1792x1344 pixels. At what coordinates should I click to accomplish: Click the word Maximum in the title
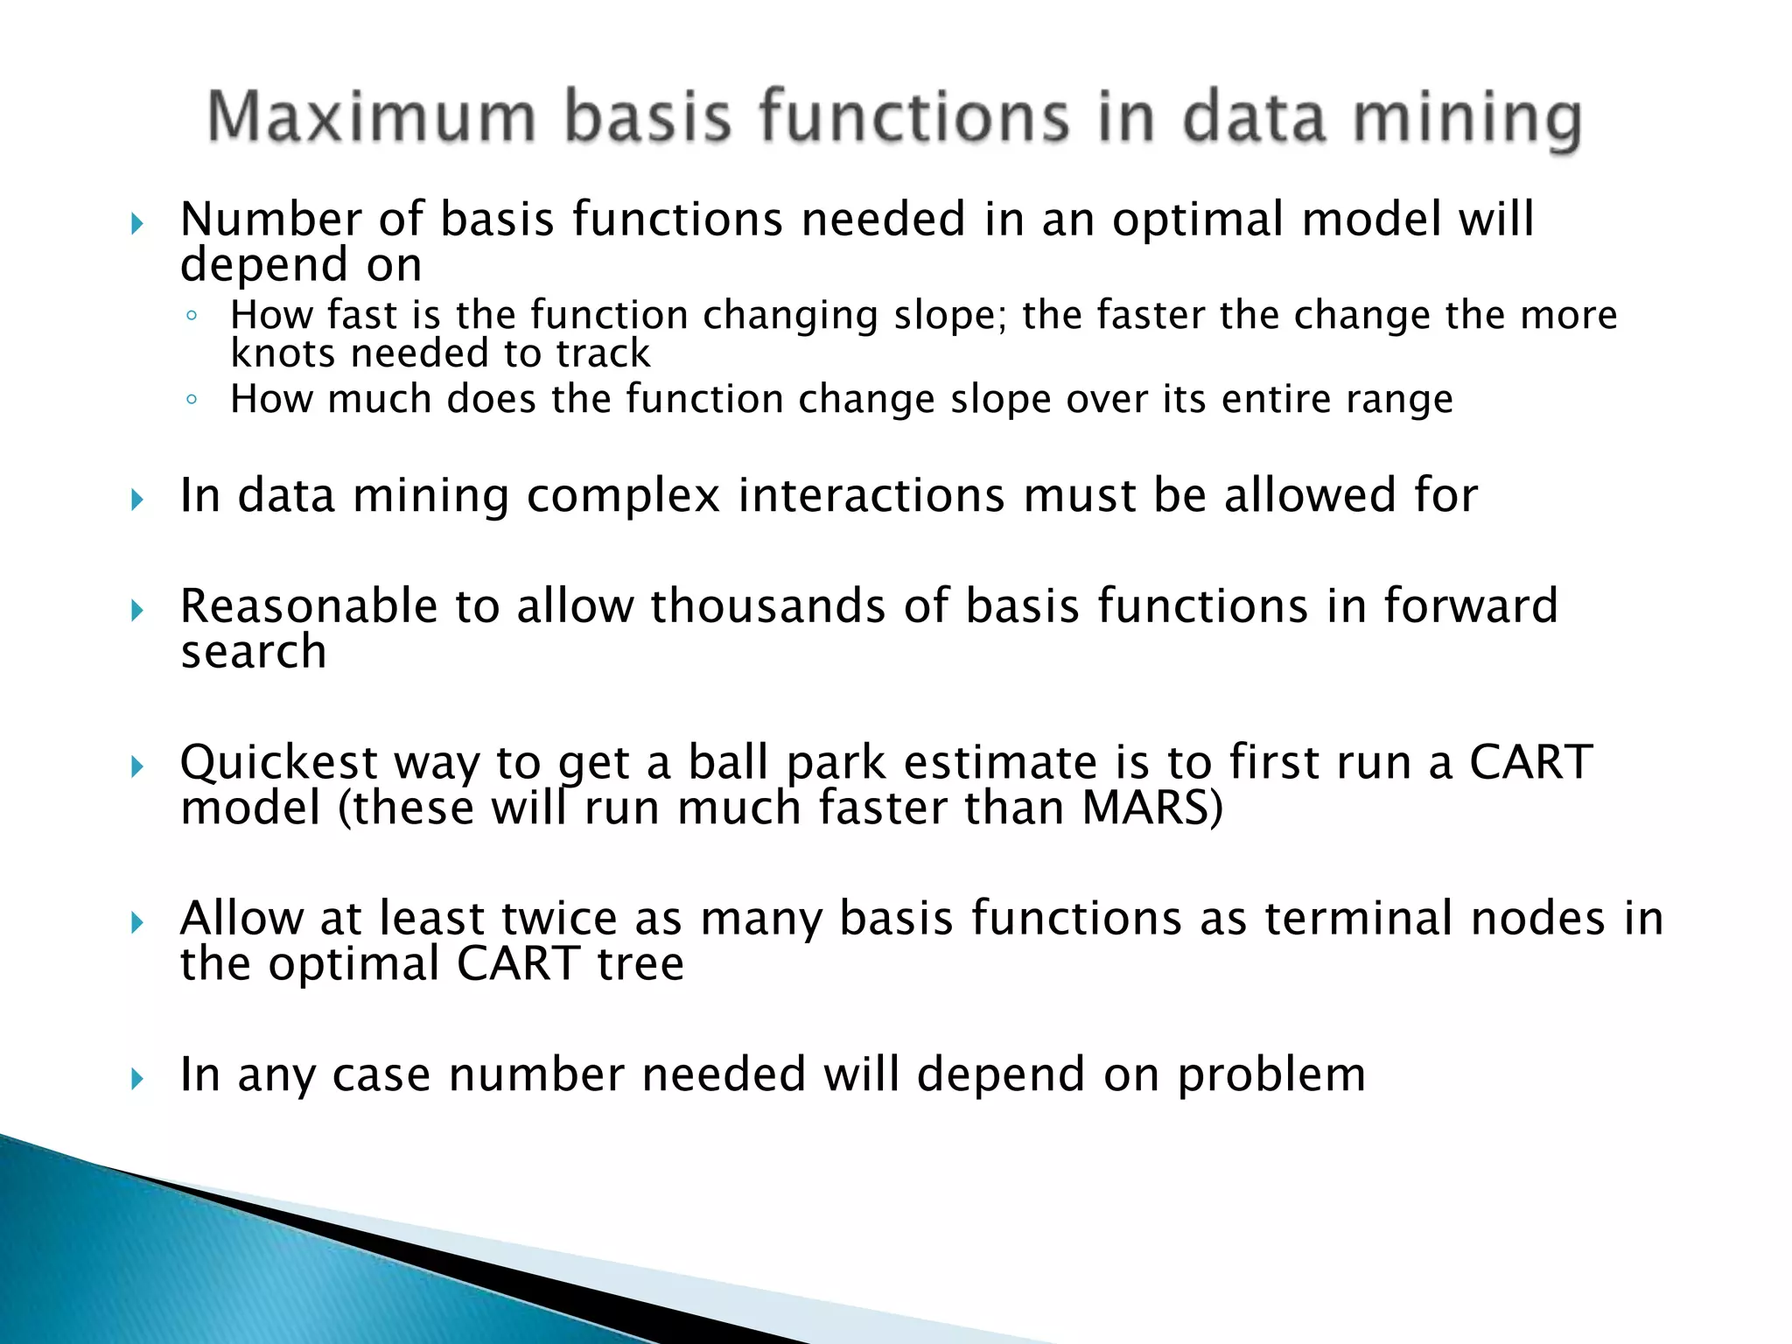372,117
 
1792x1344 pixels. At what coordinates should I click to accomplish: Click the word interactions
871,495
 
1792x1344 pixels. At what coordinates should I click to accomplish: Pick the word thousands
767,605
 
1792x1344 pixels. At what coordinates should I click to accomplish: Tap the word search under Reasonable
254,652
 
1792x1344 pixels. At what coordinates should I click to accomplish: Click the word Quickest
278,762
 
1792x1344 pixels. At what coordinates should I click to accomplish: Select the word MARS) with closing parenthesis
1152,808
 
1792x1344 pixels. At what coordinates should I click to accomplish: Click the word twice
559,919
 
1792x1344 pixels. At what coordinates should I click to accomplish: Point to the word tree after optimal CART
640,964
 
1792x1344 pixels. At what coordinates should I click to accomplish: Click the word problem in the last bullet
1270,1074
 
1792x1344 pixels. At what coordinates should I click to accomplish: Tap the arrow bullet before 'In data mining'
136,500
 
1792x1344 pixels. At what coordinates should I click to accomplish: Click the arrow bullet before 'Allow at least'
136,922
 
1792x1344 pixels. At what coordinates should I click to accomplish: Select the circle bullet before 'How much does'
192,401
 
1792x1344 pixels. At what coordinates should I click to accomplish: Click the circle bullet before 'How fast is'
192,316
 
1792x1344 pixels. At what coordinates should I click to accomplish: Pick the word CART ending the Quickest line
1530,762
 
